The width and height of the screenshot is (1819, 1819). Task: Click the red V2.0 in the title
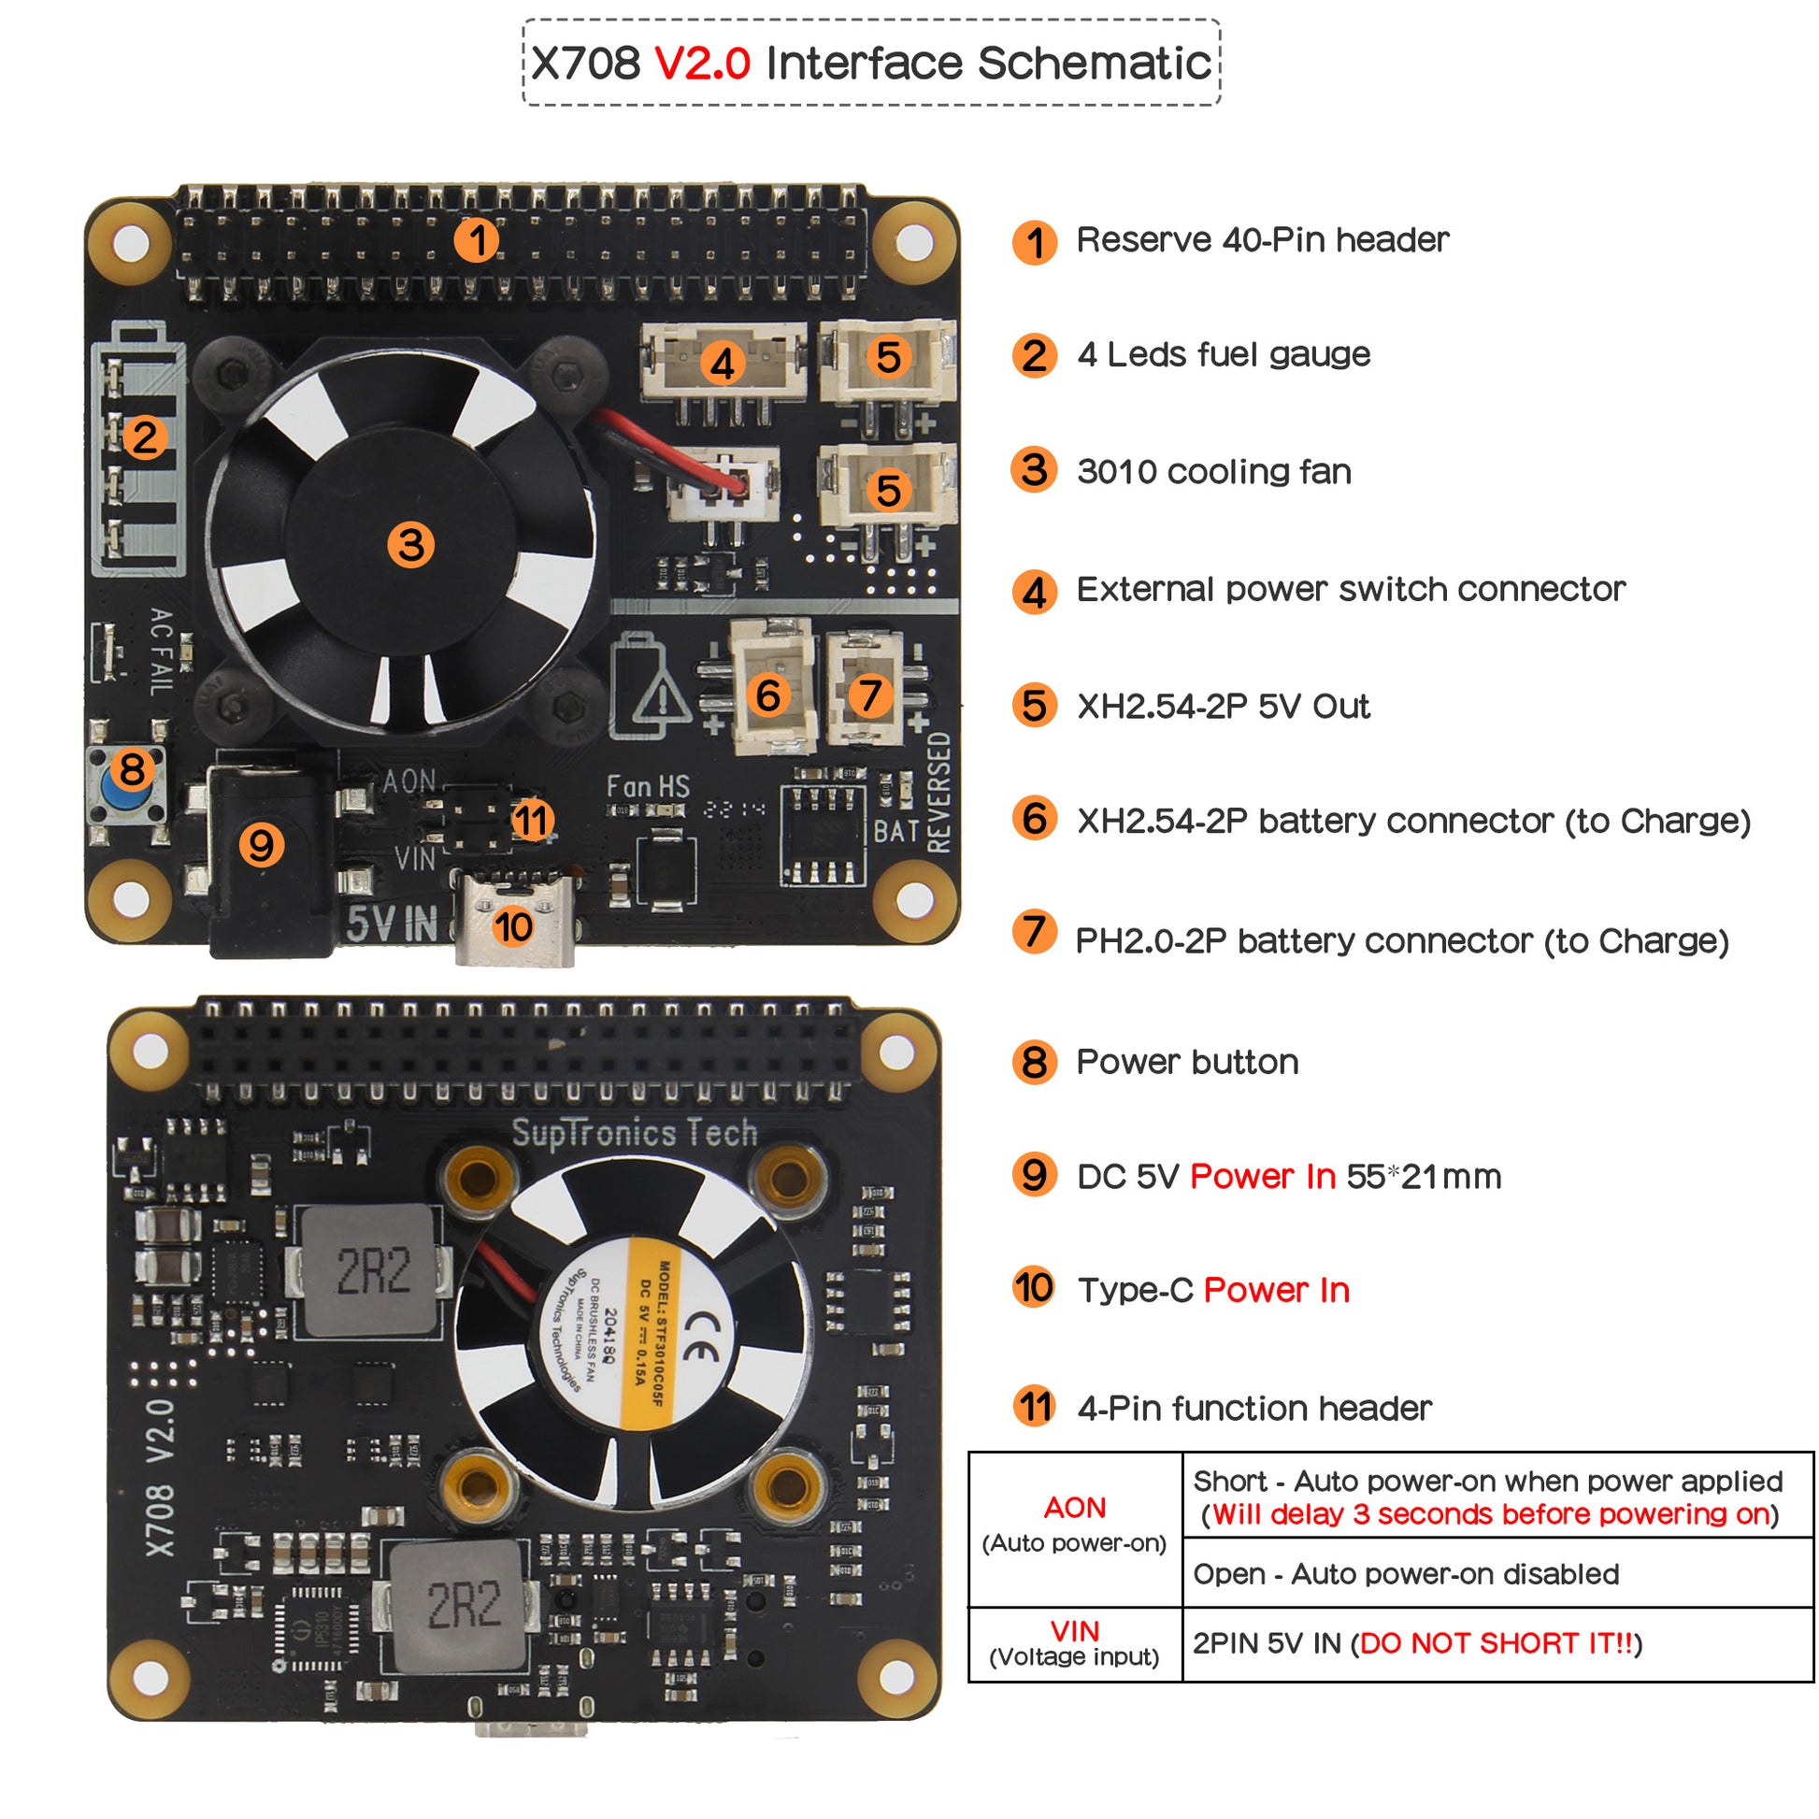coord(702,64)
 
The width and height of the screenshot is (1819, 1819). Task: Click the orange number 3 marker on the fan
coord(410,545)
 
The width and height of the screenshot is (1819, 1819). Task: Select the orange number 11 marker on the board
coord(532,820)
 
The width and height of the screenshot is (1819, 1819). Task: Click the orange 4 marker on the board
coord(723,364)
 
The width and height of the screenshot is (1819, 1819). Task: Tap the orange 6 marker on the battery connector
coord(768,695)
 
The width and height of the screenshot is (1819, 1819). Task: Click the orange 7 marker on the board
coord(870,695)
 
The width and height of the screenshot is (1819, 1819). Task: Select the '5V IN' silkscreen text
coord(393,924)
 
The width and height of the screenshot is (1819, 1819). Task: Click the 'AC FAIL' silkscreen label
coord(161,651)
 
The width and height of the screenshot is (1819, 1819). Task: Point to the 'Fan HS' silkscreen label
coord(648,786)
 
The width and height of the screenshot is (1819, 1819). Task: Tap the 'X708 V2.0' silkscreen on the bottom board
coord(160,1477)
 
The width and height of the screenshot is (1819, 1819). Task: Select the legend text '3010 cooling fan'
coord(1213,472)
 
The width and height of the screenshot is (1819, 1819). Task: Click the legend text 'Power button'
coord(1187,1062)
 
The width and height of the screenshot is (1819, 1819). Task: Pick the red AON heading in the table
coord(1074,1508)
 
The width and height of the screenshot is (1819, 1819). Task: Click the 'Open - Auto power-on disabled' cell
coord(1406,1574)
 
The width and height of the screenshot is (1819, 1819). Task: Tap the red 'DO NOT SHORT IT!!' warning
coord(1497,1643)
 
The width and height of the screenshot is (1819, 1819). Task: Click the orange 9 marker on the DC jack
coord(261,845)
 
